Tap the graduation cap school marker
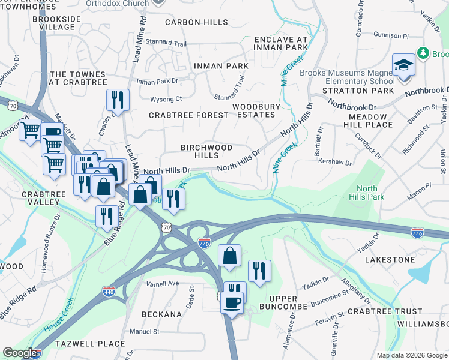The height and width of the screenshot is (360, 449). tap(404, 65)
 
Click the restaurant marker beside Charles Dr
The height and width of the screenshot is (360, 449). tap(118, 100)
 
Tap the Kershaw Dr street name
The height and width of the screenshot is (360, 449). tap(336, 163)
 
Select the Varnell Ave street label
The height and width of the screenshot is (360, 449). tap(163, 283)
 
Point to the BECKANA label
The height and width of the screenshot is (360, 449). tap(161, 314)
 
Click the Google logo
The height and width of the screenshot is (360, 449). tap(20, 353)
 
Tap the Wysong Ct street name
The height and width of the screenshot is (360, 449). tap(166, 98)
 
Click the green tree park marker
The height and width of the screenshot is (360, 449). tap(424, 53)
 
